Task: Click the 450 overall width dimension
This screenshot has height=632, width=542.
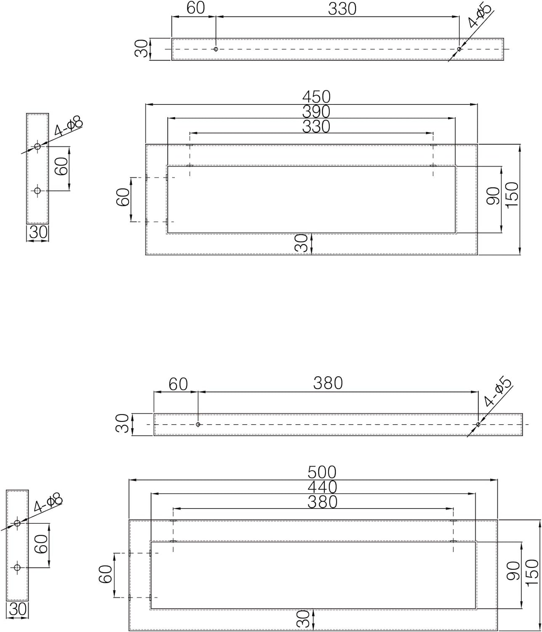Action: click(316, 97)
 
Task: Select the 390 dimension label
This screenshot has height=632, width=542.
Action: click(316, 112)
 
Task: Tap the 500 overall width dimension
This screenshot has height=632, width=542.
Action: click(322, 472)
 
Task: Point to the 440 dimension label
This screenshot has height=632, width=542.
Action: click(322, 487)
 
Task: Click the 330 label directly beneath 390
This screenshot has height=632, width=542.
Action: click(316, 126)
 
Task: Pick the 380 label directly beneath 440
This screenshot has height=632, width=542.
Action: click(322, 502)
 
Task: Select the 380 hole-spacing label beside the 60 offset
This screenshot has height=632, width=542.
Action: click(328, 383)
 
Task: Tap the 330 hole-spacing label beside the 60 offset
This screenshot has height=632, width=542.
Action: click(342, 9)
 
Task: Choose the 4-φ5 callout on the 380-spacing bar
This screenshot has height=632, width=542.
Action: click(498, 392)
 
